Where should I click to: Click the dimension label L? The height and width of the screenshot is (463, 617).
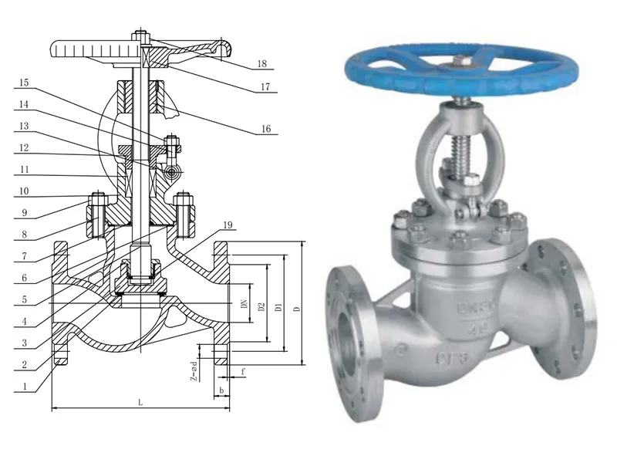pyautogui.click(x=140, y=402)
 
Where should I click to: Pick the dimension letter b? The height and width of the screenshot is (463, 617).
pyautogui.click(x=221, y=390)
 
